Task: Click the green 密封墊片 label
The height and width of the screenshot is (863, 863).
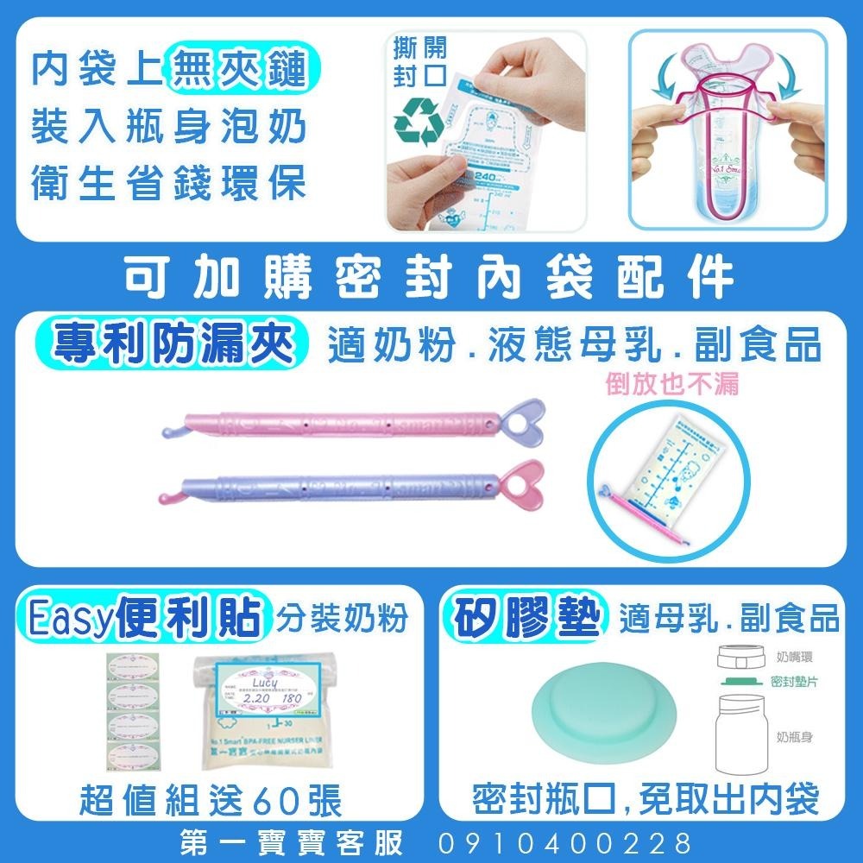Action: [794, 681]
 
